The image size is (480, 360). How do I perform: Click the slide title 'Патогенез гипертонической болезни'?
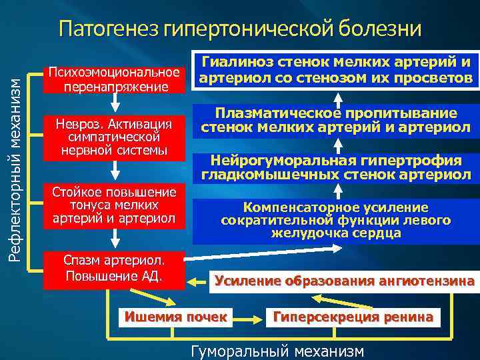click(x=240, y=29)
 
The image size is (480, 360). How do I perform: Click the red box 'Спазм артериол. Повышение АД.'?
click(x=113, y=269)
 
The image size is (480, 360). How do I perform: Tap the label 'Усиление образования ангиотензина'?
click(x=345, y=281)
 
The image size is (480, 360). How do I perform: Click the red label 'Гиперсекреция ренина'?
click(x=353, y=316)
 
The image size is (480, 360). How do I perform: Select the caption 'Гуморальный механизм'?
click(x=277, y=351)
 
